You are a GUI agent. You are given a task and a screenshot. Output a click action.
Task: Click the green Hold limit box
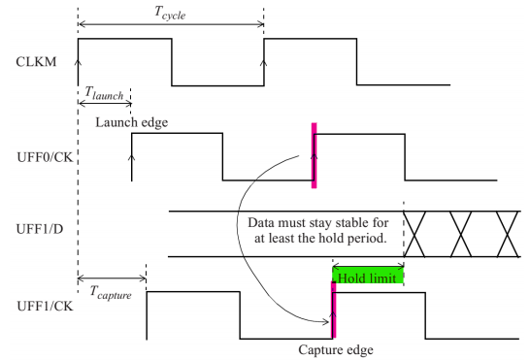[x=368, y=277]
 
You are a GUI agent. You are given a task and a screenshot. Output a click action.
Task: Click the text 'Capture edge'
[x=332, y=351]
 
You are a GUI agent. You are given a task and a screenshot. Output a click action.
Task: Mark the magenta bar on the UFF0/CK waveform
[x=314, y=155]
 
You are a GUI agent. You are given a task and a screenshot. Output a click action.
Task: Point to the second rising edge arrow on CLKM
[x=264, y=64]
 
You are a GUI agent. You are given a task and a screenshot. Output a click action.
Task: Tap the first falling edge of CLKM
[x=172, y=62]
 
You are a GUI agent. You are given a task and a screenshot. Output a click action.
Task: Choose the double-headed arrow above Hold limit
[x=368, y=263]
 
